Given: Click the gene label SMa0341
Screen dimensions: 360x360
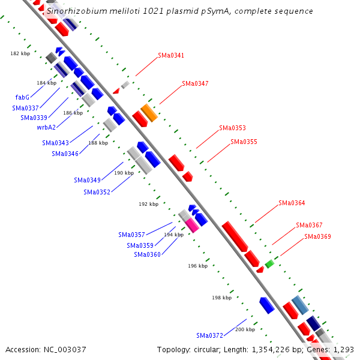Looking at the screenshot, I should (x=171, y=55).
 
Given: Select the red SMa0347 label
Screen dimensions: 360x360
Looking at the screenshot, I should (x=195, y=83).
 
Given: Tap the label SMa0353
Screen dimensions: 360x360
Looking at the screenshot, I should (x=232, y=128).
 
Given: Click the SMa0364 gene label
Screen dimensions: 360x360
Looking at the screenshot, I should (x=292, y=203).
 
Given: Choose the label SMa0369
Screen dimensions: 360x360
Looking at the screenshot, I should (x=317, y=236).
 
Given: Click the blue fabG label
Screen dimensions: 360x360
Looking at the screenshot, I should (x=22, y=97).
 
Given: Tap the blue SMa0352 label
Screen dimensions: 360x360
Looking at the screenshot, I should (x=97, y=192).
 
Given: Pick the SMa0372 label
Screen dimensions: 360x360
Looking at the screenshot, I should (x=209, y=335).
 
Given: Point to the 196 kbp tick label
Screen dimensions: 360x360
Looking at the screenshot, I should (x=197, y=266).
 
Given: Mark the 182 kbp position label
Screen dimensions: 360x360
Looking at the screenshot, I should (x=20, y=53).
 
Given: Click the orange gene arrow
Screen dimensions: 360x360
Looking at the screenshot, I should (x=149, y=112).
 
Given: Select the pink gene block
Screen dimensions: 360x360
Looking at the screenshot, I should (x=192, y=225).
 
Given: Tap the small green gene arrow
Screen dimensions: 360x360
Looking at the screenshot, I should (x=269, y=263).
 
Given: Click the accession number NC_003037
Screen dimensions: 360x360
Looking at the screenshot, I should (x=64, y=349).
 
